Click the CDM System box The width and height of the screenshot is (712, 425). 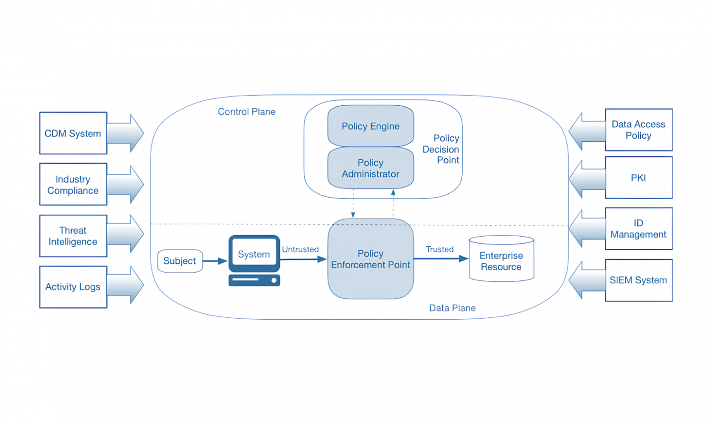[73, 133]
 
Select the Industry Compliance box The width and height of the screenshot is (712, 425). [73, 185]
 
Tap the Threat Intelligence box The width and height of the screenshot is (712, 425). [73, 236]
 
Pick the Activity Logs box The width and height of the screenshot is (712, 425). [73, 287]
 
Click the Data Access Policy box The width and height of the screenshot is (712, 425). [638, 130]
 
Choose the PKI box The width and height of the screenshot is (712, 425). [638, 178]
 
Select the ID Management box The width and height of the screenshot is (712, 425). [638, 228]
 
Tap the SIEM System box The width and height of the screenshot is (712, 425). [638, 280]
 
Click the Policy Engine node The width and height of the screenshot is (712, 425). [370, 126]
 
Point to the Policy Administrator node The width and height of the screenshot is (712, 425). [370, 168]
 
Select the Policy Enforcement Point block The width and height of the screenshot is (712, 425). [370, 259]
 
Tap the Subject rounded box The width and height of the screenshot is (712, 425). [180, 261]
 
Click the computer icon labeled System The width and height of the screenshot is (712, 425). [254, 260]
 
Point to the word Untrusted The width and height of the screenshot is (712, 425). [300, 249]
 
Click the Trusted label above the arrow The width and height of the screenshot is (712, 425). [440, 249]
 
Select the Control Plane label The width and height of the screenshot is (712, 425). [246, 112]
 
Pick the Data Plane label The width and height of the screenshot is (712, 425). [452, 308]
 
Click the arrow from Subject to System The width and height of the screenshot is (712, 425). [215, 261]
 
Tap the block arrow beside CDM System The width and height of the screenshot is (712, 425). [126, 133]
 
